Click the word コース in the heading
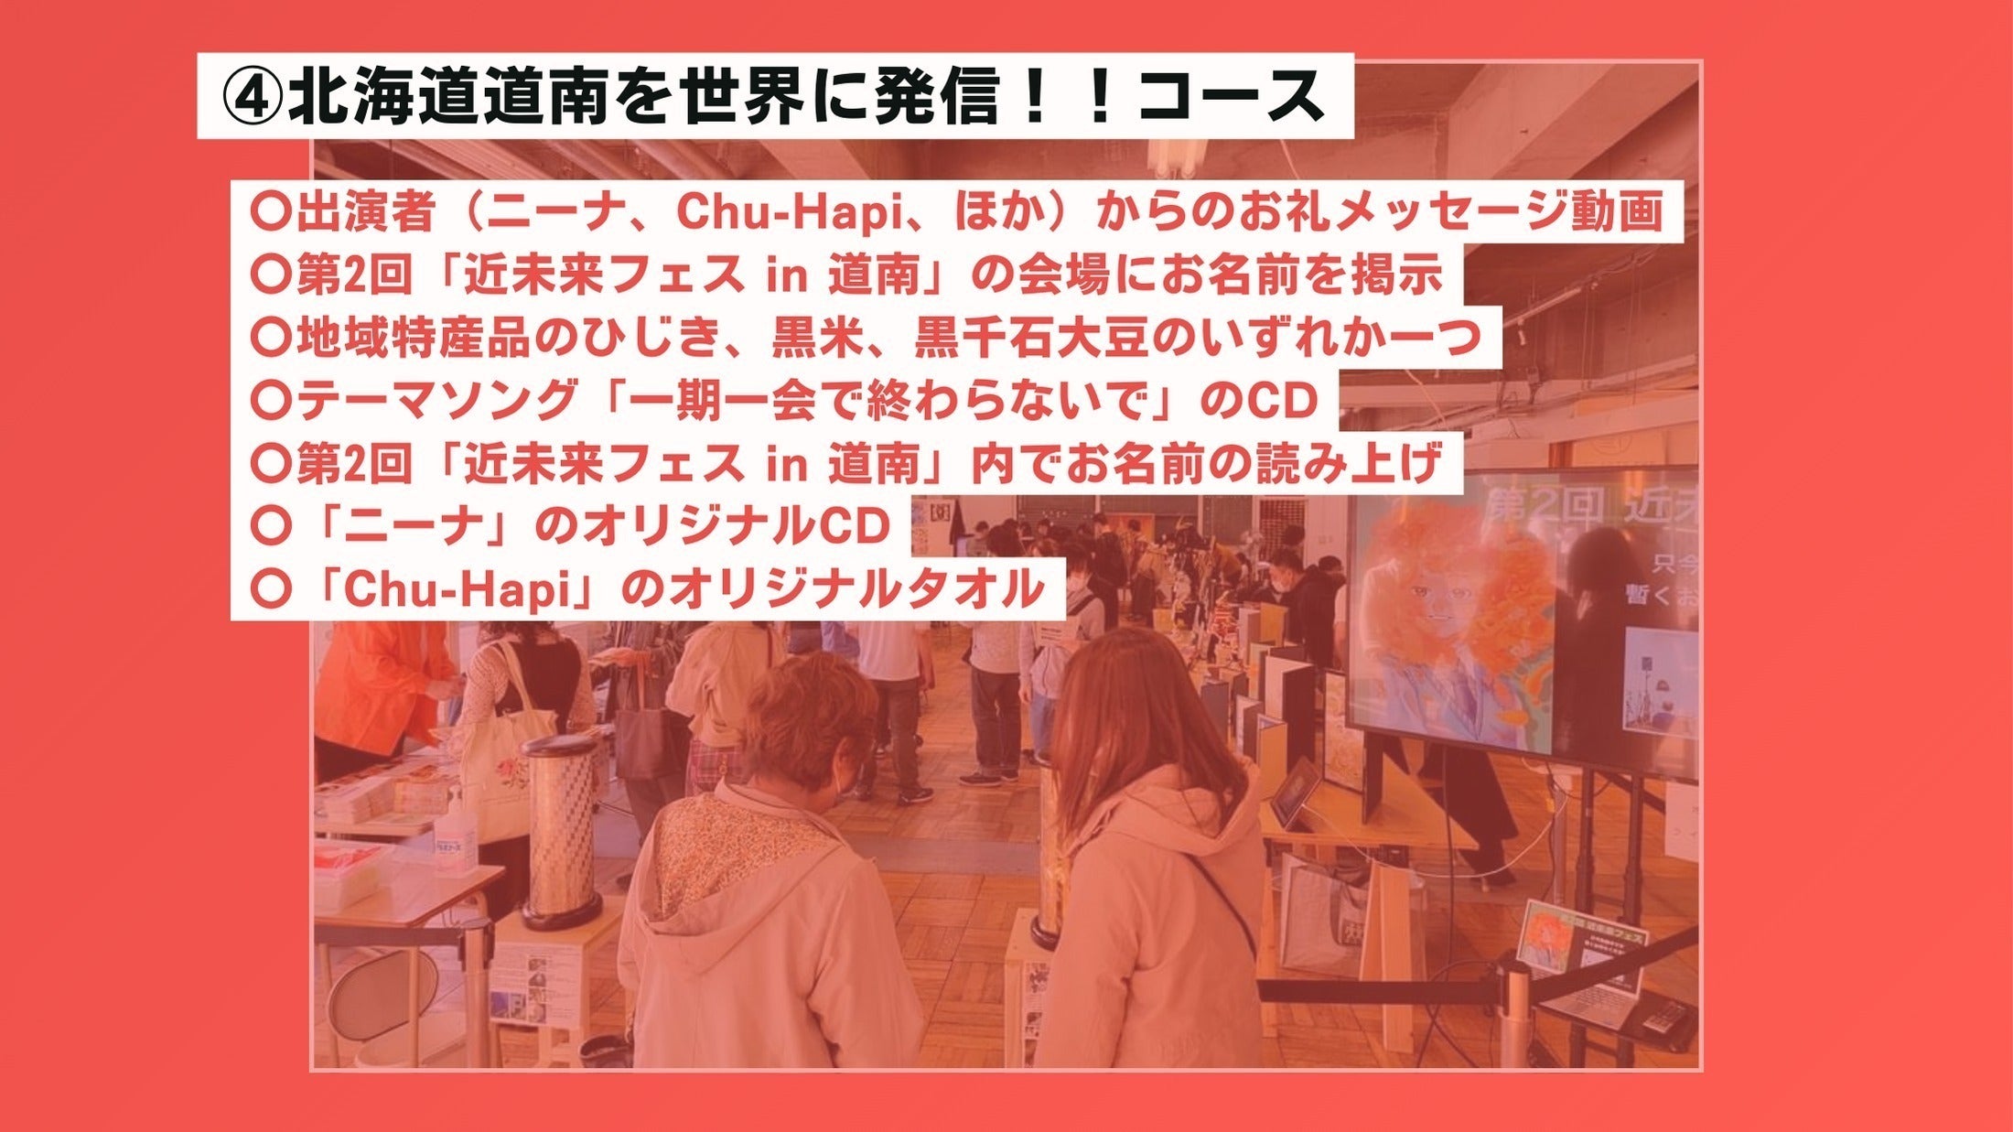1231,98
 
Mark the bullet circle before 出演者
270,212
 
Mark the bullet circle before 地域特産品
270,338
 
